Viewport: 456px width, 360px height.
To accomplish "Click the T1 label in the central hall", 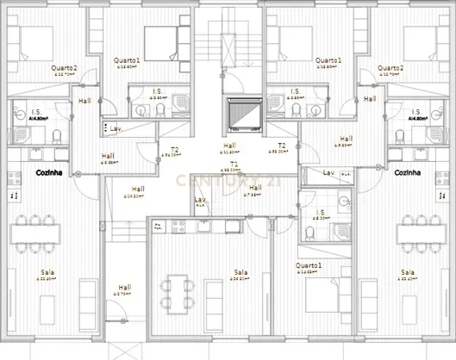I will (234, 164).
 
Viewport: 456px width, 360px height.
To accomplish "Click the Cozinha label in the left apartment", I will (47, 172).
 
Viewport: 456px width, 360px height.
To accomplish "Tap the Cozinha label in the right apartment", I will (407, 172).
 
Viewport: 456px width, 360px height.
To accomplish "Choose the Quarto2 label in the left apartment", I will (64, 68).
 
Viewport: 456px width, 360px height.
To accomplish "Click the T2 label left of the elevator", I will (174, 149).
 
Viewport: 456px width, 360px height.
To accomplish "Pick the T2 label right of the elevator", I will (281, 146).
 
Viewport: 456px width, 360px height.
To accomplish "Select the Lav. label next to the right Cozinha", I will (328, 173).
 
